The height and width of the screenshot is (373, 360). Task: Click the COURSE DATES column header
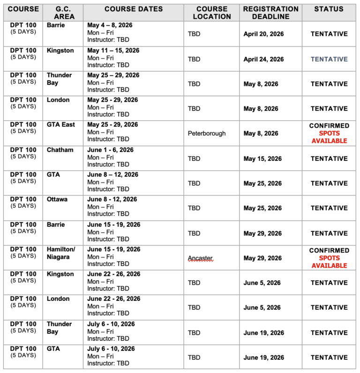[134, 9]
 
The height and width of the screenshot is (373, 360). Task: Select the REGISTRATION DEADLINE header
[270, 13]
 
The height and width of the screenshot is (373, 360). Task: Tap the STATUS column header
[329, 9]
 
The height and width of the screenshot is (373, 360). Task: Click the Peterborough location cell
[207, 133]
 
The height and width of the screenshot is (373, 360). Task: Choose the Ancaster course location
[200, 258]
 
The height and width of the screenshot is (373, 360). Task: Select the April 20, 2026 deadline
[263, 34]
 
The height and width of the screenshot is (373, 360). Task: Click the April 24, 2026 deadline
[263, 59]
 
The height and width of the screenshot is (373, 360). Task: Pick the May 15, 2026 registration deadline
[262, 159]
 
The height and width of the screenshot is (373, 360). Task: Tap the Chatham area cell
[60, 150]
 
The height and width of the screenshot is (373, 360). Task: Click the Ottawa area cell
[57, 199]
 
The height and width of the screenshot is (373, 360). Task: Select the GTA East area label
[61, 125]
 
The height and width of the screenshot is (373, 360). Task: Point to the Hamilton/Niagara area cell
[61, 253]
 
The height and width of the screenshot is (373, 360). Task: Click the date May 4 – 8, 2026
[112, 25]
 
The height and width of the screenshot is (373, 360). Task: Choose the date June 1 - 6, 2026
[111, 150]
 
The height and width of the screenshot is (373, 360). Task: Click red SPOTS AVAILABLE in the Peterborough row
[329, 137]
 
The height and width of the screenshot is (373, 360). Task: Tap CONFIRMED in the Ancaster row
[329, 251]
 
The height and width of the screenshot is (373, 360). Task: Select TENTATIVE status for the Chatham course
[329, 159]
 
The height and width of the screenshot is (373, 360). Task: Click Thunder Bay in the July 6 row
[59, 328]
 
